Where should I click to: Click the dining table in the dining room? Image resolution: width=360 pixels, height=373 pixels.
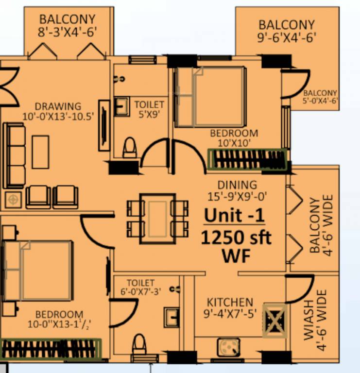coord(157,219)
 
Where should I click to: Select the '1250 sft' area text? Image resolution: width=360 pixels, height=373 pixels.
coord(236,238)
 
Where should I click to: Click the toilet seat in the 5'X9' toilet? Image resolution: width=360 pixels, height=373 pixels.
coord(130,148)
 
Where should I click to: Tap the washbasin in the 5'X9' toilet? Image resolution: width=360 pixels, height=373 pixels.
coord(121,106)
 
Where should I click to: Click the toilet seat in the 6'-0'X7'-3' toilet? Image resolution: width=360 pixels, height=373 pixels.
coord(139,344)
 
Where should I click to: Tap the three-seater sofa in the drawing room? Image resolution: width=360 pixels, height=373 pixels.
coord(14,155)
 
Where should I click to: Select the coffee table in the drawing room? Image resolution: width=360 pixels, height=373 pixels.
coord(40,152)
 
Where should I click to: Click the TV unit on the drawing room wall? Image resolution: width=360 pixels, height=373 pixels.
coord(104,125)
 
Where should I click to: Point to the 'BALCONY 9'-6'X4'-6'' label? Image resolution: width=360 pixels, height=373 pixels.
coord(286,31)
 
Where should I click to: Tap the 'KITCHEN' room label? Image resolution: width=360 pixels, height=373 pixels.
coord(230,302)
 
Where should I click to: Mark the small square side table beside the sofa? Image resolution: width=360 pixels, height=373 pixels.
coord(13,199)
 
